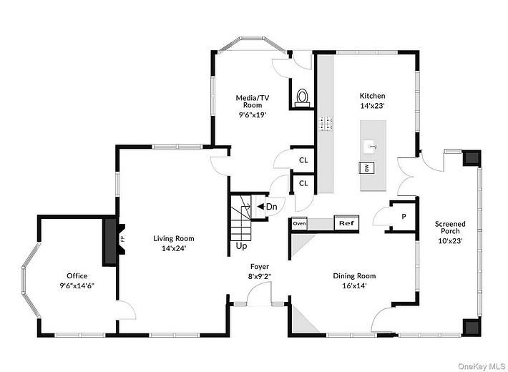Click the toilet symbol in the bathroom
tap(302, 98)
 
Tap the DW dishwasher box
tap(367, 168)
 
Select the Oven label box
tap(299, 224)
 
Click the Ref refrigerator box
tap(346, 223)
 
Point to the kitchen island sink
tap(371, 147)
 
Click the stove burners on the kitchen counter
tap(326, 124)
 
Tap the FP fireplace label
tap(122, 239)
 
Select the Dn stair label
tap(271, 207)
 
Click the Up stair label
tap(241, 246)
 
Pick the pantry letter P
tap(404, 217)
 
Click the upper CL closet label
tap(303, 160)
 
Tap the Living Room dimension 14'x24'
tap(174, 248)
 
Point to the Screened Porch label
tap(450, 227)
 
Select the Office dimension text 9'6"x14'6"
tap(77, 286)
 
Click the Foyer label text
tap(260, 267)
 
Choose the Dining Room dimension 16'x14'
tap(354, 286)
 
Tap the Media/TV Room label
tap(253, 102)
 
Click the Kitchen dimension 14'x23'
tap(373, 106)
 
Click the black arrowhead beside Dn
tap(260, 207)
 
